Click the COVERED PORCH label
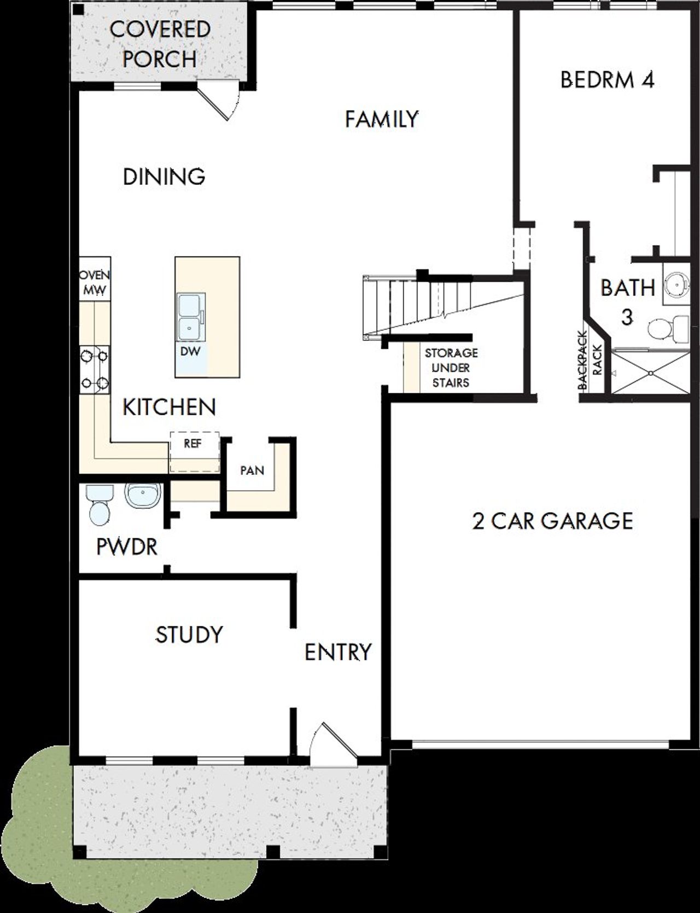pos(160,44)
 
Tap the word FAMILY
pos(382,119)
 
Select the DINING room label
pos(164,177)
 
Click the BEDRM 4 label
pos(607,80)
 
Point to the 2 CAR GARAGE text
pos(552,521)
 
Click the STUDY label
pos(189,635)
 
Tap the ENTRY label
pos(337,652)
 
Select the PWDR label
pos(127,546)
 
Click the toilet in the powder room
pos(100,506)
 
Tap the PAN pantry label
pos(252,470)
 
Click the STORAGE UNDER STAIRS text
pos(451,368)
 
